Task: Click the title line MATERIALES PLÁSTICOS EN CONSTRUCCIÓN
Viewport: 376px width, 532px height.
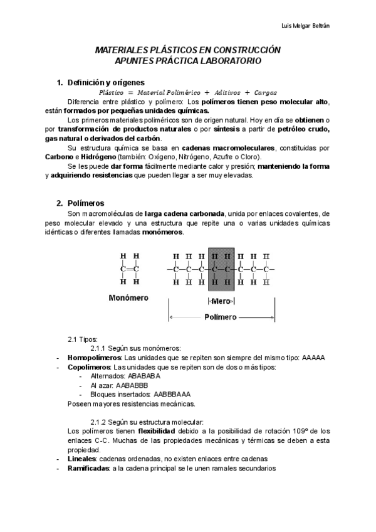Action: [x=187, y=50]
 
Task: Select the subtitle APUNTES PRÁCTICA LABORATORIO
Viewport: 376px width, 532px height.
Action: [x=188, y=61]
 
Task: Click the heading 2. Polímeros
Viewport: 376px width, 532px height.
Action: [x=85, y=203]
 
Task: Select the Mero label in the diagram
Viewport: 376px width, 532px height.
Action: [x=221, y=301]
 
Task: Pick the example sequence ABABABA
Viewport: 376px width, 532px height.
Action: [x=144, y=376]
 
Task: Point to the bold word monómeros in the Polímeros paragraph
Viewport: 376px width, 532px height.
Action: [x=163, y=232]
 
